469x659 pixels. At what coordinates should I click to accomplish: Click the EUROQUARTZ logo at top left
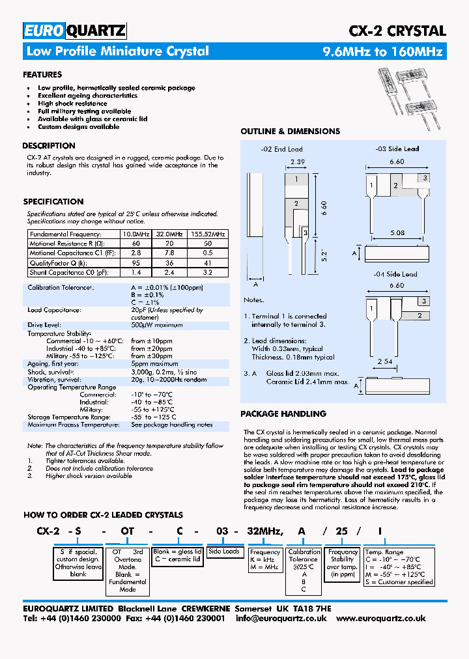[x=74, y=30]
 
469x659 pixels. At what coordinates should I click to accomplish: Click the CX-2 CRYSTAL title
[x=397, y=31]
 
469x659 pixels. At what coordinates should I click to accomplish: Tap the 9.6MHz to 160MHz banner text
[x=383, y=52]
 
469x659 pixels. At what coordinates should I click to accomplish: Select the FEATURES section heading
[x=42, y=74]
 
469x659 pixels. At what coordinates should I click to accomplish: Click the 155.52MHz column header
[x=208, y=234]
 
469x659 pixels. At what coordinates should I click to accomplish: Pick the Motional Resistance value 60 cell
[x=136, y=243]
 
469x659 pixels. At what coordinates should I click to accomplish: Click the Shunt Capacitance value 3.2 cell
[x=208, y=273]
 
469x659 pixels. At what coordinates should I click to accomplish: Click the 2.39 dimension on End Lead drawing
[x=297, y=161]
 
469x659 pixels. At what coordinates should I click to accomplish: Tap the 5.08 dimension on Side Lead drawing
[x=397, y=232]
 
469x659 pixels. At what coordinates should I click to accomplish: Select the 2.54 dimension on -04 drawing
[x=384, y=361]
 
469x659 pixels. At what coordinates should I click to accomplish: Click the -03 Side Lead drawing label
[x=397, y=148]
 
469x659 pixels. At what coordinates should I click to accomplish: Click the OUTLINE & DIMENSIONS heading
[x=290, y=132]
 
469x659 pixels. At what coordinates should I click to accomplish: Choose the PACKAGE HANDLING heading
[x=283, y=414]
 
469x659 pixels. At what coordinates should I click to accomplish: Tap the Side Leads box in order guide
[x=224, y=552]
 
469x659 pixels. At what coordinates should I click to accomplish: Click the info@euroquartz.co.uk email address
[x=281, y=618]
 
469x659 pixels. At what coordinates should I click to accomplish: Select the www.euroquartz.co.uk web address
[x=381, y=618]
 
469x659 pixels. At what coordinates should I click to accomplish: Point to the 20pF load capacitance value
[x=139, y=311]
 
